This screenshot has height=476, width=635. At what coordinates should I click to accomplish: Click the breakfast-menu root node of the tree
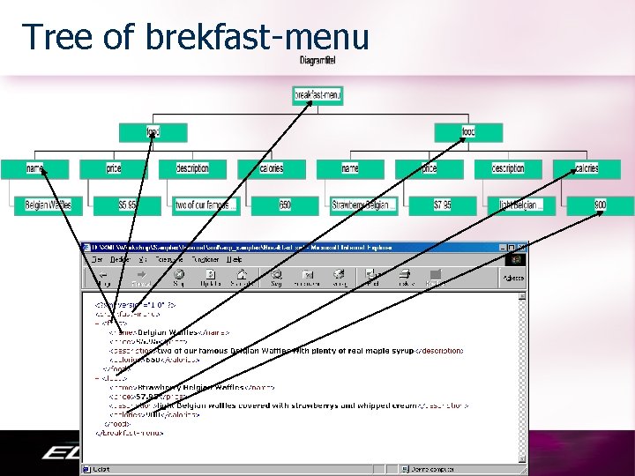317,95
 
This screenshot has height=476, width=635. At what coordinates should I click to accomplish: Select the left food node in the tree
153,132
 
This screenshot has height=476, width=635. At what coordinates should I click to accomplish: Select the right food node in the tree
468,132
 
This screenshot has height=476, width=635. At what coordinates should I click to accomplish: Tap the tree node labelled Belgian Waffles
48,205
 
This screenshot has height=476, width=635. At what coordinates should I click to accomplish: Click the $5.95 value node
127,205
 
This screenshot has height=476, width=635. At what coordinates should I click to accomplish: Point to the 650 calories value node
284,205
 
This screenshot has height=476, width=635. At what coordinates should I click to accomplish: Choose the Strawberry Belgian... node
363,205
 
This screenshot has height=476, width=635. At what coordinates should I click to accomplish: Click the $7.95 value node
442,205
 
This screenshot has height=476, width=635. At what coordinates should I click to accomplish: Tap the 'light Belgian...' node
521,205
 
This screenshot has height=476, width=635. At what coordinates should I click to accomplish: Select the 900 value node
600,205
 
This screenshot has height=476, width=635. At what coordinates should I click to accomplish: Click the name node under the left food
35,168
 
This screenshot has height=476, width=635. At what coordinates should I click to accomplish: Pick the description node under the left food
192,168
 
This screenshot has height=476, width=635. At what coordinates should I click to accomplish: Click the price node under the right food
429,168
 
